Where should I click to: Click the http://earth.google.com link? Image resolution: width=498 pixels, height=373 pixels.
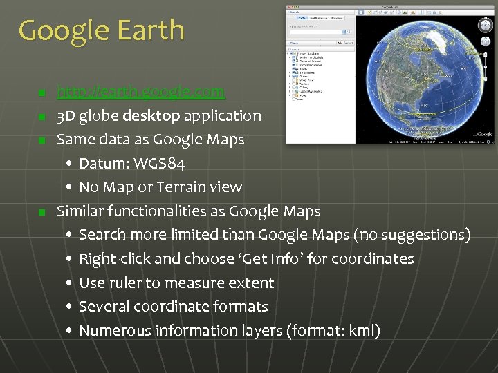140,92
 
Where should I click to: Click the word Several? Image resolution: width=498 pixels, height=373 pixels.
106,307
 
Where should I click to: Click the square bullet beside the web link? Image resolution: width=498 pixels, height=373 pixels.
42,93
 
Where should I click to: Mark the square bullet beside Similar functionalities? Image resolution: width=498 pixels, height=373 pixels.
42,211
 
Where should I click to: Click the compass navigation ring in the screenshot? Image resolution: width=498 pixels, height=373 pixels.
485,25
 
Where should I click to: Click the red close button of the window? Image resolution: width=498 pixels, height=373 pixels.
290,8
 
